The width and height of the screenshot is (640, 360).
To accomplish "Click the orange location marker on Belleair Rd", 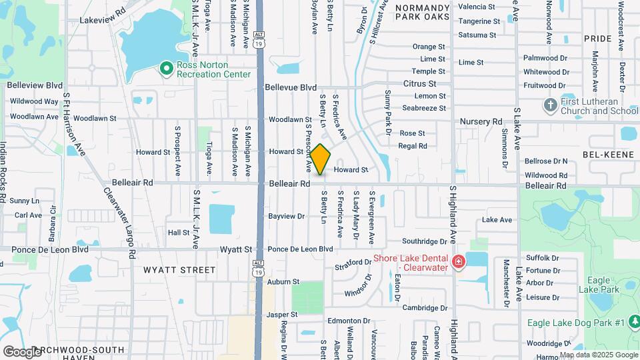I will pyautogui.click(x=320, y=159).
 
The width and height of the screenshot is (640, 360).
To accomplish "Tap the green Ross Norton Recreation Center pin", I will pyautogui.click(x=166, y=68).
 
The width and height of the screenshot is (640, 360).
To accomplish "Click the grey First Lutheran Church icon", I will pyautogui.click(x=550, y=105).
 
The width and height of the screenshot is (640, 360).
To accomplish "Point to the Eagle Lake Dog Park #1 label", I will pyautogui.click(x=575, y=323).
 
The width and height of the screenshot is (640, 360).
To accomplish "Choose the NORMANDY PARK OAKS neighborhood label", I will pyautogui.click(x=431, y=13).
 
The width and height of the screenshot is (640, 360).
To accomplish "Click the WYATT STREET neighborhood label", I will pyautogui.click(x=179, y=270).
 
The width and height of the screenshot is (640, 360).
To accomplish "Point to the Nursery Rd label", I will pyautogui.click(x=481, y=121).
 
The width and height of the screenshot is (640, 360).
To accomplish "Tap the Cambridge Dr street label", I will pyautogui.click(x=425, y=308).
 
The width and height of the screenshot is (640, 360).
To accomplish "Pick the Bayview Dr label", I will pyautogui.click(x=286, y=216).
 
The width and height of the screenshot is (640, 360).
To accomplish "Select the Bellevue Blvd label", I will pyautogui.click(x=291, y=87).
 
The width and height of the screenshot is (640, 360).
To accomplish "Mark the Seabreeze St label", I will pyautogui.click(x=424, y=108).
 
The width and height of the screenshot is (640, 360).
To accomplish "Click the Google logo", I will pyautogui.click(x=22, y=351).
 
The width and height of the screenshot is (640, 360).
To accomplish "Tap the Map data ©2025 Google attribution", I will pyautogui.click(x=598, y=355).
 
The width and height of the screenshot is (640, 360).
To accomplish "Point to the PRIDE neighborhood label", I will pyautogui.click(x=597, y=39).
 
